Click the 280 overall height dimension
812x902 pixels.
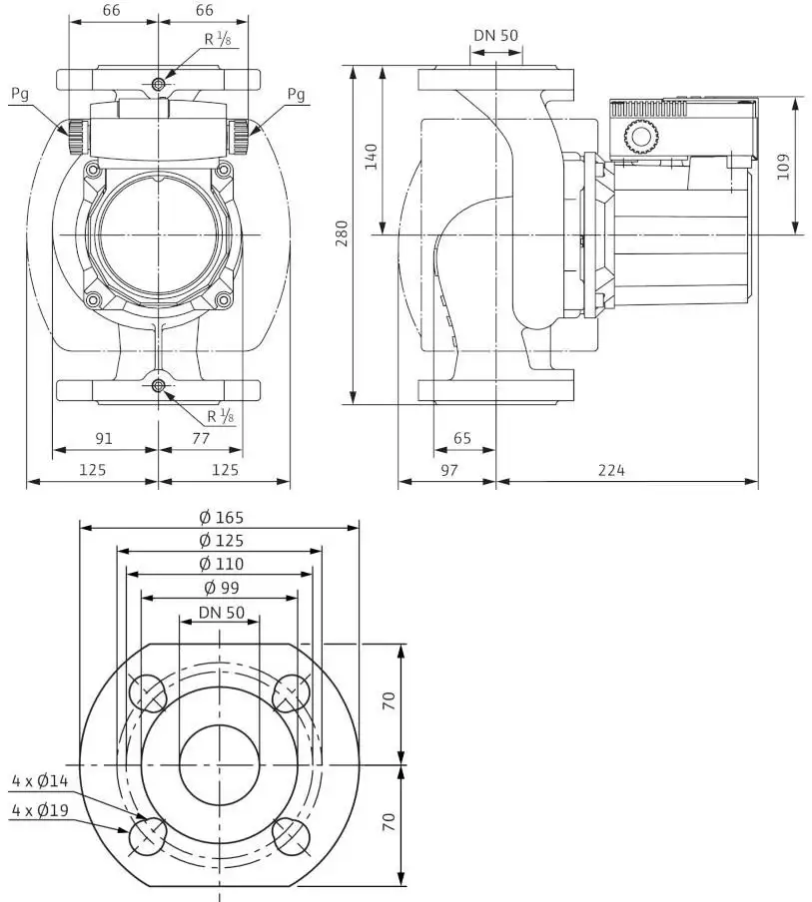coord(342,232)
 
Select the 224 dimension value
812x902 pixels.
coord(611,471)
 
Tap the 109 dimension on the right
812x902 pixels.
coord(783,167)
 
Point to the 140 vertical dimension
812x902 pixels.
coord(372,156)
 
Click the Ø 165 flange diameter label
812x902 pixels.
coord(221,517)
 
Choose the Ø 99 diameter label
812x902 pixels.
coord(221,588)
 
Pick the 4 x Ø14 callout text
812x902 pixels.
coord(40,780)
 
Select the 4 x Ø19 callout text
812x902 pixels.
coord(40,810)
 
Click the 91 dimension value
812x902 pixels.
coord(104,439)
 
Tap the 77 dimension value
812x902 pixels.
coord(201,438)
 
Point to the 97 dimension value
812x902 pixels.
coord(448,471)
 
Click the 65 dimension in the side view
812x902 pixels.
coord(461,438)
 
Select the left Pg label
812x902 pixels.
coord(20,94)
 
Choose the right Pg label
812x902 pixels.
coord(296,94)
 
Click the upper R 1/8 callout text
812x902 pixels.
coord(219,39)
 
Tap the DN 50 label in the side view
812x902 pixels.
coord(495,35)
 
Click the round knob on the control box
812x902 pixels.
coord(640,138)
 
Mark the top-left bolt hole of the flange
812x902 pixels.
coord(148,692)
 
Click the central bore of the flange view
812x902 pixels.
coord(220,764)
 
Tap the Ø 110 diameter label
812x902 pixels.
coord(221,564)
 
